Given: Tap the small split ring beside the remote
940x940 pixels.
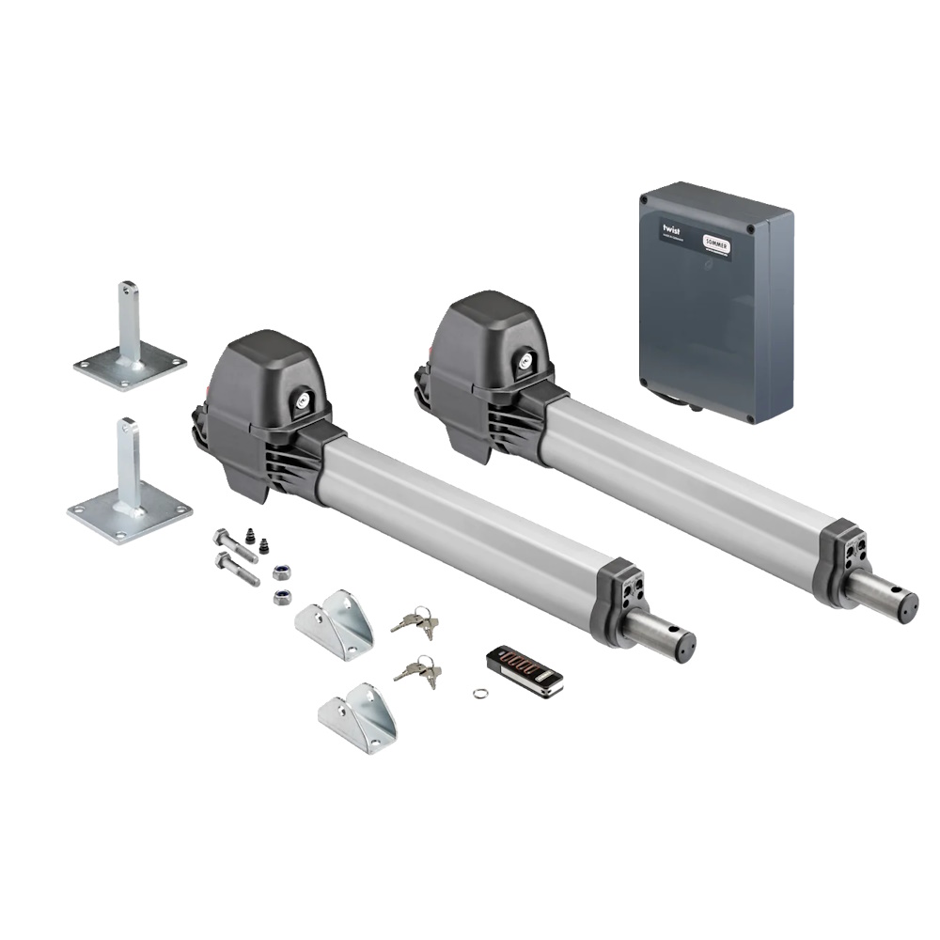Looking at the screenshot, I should [479, 695].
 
